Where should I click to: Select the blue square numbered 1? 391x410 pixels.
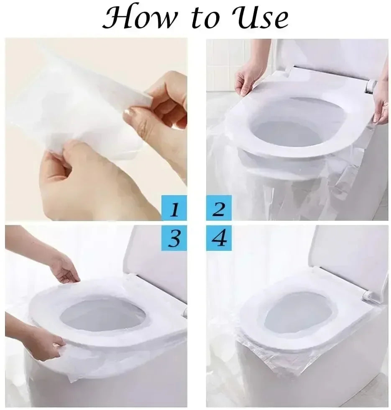tap(174, 208)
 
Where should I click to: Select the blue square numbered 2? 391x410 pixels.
tap(219, 208)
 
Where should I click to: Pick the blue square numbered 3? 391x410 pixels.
tap(174, 239)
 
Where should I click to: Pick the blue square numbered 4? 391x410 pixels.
tap(219, 239)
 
